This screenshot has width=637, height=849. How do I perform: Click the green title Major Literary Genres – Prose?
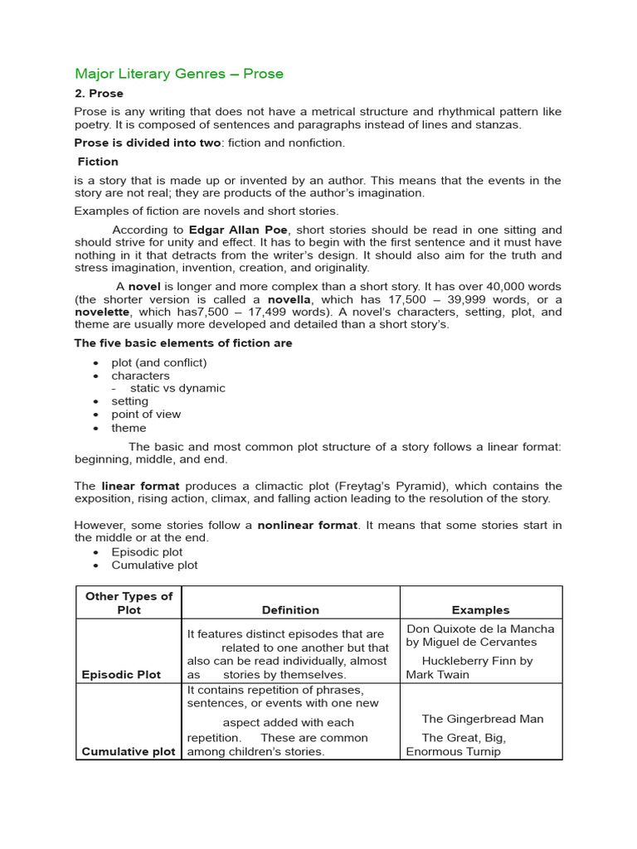click(179, 74)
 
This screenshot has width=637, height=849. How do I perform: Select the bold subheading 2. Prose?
click(99, 94)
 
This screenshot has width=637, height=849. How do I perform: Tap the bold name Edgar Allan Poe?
click(239, 230)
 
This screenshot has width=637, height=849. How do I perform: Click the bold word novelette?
click(103, 312)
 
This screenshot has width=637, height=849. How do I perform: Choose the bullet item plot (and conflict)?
click(159, 362)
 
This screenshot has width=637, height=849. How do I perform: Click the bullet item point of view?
click(146, 414)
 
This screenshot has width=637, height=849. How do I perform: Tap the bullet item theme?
click(129, 428)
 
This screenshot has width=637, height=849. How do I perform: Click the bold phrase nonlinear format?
click(308, 525)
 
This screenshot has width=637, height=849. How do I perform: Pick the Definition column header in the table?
click(290, 609)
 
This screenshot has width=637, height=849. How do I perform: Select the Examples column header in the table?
click(480, 609)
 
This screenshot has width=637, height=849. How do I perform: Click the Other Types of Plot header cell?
click(129, 603)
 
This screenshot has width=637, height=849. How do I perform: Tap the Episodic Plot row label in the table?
click(120, 675)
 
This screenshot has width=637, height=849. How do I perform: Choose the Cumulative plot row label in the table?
click(129, 751)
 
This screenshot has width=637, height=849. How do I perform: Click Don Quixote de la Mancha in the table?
click(480, 628)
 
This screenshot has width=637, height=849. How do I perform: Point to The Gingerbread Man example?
click(482, 719)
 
